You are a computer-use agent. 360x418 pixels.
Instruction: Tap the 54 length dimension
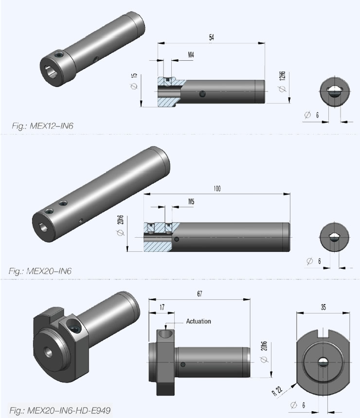pos(211,37)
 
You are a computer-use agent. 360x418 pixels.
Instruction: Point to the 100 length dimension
pos(216,189)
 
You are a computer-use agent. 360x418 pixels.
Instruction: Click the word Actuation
pos(198,321)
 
